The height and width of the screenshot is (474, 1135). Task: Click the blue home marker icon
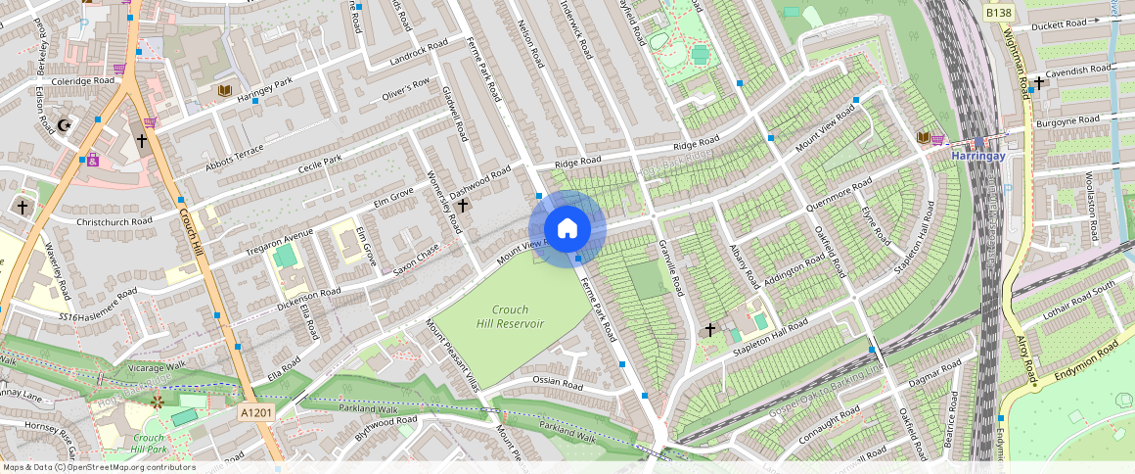[x=567, y=229]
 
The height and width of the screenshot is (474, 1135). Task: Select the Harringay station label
[x=978, y=155]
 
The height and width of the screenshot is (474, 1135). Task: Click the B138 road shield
[x=998, y=13]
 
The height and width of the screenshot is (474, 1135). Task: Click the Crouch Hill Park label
[x=149, y=444]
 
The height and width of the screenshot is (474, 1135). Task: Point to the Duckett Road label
[x=1059, y=24]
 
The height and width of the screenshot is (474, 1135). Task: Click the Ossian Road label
[x=558, y=380]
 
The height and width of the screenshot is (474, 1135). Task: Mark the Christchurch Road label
[x=114, y=221]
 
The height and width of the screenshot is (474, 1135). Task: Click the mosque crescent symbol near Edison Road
[x=66, y=125]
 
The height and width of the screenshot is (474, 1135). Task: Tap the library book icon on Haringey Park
[x=226, y=91]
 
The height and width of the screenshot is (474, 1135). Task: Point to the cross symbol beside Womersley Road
[x=463, y=206]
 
